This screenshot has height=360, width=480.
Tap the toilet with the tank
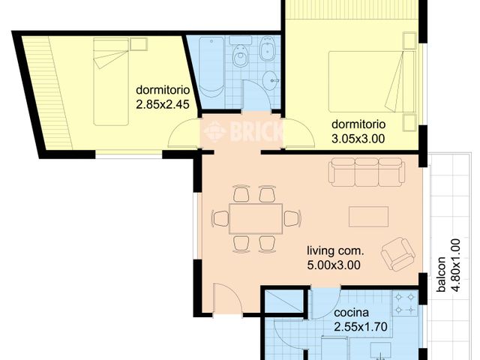(x=241, y=55)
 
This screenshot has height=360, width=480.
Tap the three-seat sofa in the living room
(x=367, y=172)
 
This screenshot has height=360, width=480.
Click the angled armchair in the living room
(x=397, y=254)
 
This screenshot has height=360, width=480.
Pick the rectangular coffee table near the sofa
(x=368, y=217)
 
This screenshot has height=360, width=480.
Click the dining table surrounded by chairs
(x=255, y=218)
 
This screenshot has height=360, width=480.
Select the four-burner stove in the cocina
(x=406, y=304)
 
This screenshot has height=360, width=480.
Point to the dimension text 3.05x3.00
(x=358, y=138)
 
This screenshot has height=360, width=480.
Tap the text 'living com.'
(x=335, y=250)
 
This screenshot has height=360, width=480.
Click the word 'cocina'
(x=352, y=313)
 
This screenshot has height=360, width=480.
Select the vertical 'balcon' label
(x=442, y=275)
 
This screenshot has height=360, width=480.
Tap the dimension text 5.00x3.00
(x=334, y=264)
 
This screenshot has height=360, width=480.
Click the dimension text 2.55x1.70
(x=360, y=326)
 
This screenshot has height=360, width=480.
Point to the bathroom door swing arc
(x=256, y=96)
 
